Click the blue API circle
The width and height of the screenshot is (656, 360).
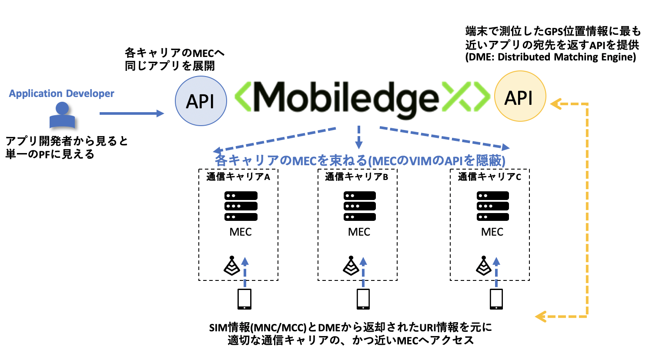201,101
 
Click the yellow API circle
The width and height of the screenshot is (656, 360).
520,97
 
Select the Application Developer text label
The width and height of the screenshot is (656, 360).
61,93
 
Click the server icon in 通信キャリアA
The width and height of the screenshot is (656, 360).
241,206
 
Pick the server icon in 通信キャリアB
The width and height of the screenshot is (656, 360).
359,206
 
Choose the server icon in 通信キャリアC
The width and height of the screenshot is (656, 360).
492,206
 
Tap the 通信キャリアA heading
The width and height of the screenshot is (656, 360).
238,177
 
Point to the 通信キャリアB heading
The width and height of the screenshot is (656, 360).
357,177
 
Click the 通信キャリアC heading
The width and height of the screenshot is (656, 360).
489,177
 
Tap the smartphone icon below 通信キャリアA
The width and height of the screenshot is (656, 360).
244,299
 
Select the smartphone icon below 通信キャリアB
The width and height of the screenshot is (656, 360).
363,299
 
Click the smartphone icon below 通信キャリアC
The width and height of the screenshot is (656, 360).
496,299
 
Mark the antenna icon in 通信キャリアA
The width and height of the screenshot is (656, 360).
232,266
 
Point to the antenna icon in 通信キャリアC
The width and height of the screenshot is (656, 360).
483,266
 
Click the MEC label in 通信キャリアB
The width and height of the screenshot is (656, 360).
359,232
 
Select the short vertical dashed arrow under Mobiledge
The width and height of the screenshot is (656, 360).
358,137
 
